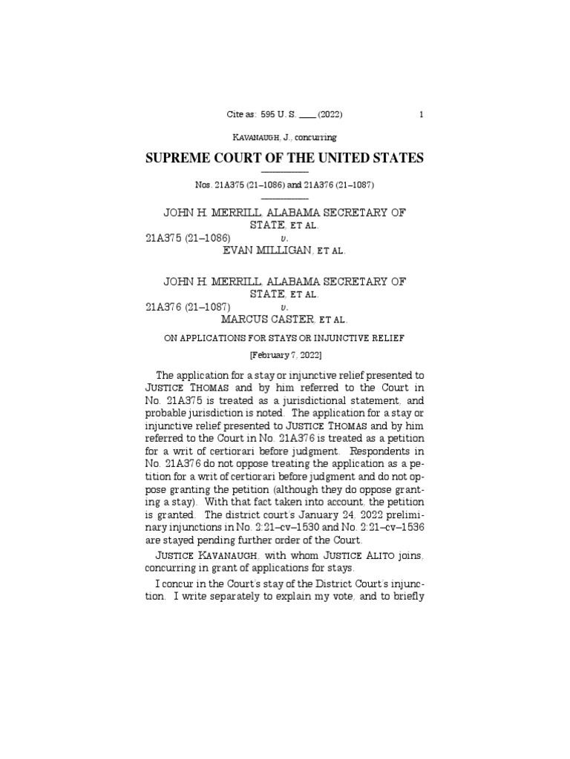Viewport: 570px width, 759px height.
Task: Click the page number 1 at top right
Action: coord(422,115)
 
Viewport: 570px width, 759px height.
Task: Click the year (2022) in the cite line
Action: coord(330,115)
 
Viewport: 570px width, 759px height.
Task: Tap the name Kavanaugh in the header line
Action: coord(258,137)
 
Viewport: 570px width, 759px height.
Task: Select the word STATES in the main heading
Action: coord(397,158)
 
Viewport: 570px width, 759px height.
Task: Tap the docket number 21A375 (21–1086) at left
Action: coord(189,238)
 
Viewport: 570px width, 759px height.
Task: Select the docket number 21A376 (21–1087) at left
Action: coord(189,306)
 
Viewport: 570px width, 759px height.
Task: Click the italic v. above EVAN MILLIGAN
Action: coord(284,239)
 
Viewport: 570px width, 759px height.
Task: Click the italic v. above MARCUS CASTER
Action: coord(284,307)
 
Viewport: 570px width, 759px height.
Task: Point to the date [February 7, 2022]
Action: coord(285,356)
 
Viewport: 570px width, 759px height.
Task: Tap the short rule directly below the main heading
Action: coord(285,172)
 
